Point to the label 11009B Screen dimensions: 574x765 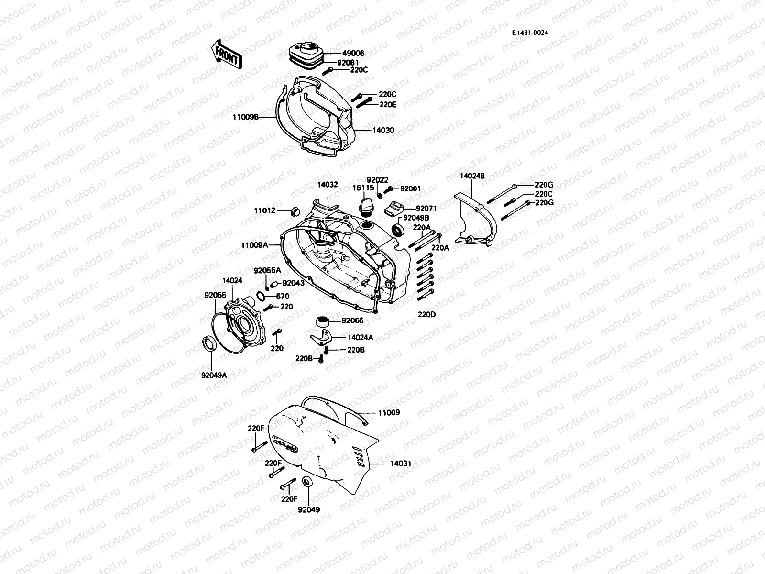[246, 116]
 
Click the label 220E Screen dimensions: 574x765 [388, 104]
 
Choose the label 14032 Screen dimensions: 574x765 [328, 184]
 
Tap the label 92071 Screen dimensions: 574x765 [426, 209]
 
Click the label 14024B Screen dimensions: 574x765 [472, 176]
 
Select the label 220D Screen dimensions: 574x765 [427, 314]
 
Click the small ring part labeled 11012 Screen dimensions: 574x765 [295, 210]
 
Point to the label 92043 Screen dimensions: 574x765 [294, 283]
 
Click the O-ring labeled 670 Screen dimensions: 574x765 [261, 297]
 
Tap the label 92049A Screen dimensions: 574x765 [214, 375]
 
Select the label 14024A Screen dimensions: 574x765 [361, 338]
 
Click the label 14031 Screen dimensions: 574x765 [401, 464]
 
